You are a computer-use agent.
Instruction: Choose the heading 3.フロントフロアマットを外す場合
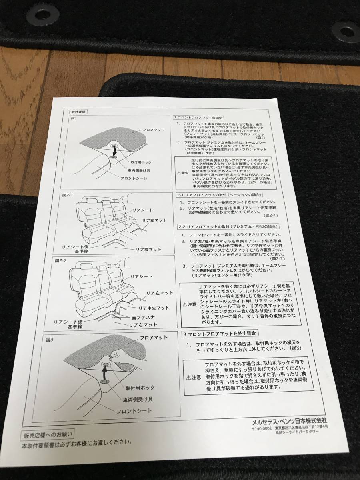coord(219,333)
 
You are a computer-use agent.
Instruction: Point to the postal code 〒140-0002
coord(263,428)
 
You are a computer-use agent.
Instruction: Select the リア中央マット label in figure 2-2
coord(154,308)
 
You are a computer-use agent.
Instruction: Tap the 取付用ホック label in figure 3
coord(140,388)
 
